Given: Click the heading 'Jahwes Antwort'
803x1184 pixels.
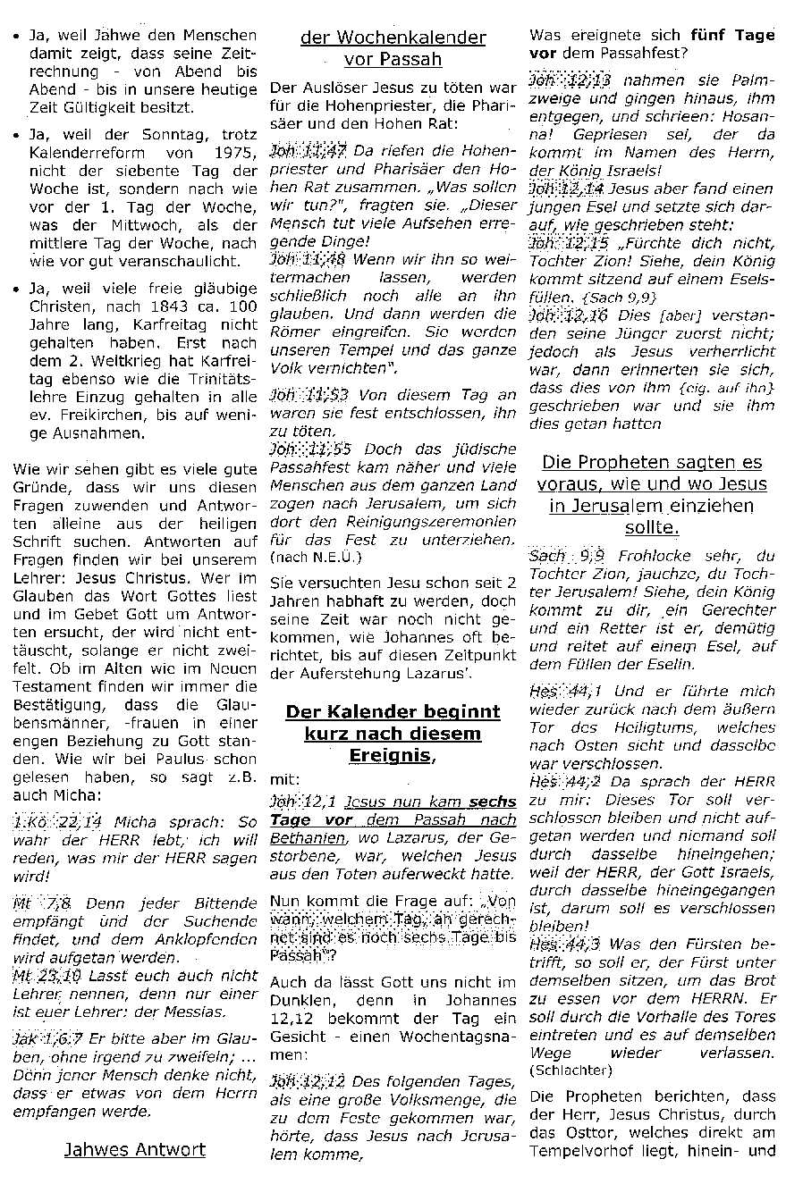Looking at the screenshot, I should (135, 1149).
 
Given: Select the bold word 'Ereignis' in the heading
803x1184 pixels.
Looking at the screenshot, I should (391, 755).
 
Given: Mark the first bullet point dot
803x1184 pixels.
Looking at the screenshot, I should (16, 38).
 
